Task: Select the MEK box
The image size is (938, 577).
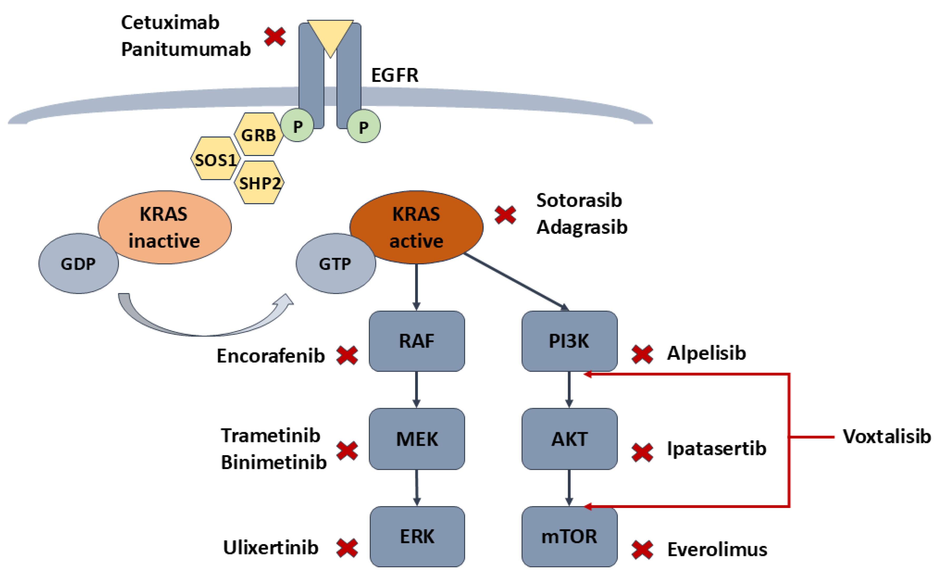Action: coord(417,439)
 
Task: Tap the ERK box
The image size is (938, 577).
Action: coord(417,536)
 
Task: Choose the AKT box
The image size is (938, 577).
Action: coord(569,439)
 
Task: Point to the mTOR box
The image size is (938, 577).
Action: coord(569,536)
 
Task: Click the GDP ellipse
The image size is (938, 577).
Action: coord(78,263)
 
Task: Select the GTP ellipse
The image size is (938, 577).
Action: coord(336,263)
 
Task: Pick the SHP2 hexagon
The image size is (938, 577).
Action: coord(259,182)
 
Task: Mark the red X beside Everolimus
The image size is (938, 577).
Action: coord(643,550)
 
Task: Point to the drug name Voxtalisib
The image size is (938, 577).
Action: coord(886,436)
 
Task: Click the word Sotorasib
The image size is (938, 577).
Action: coord(579,200)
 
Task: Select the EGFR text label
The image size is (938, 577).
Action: coord(395,75)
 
